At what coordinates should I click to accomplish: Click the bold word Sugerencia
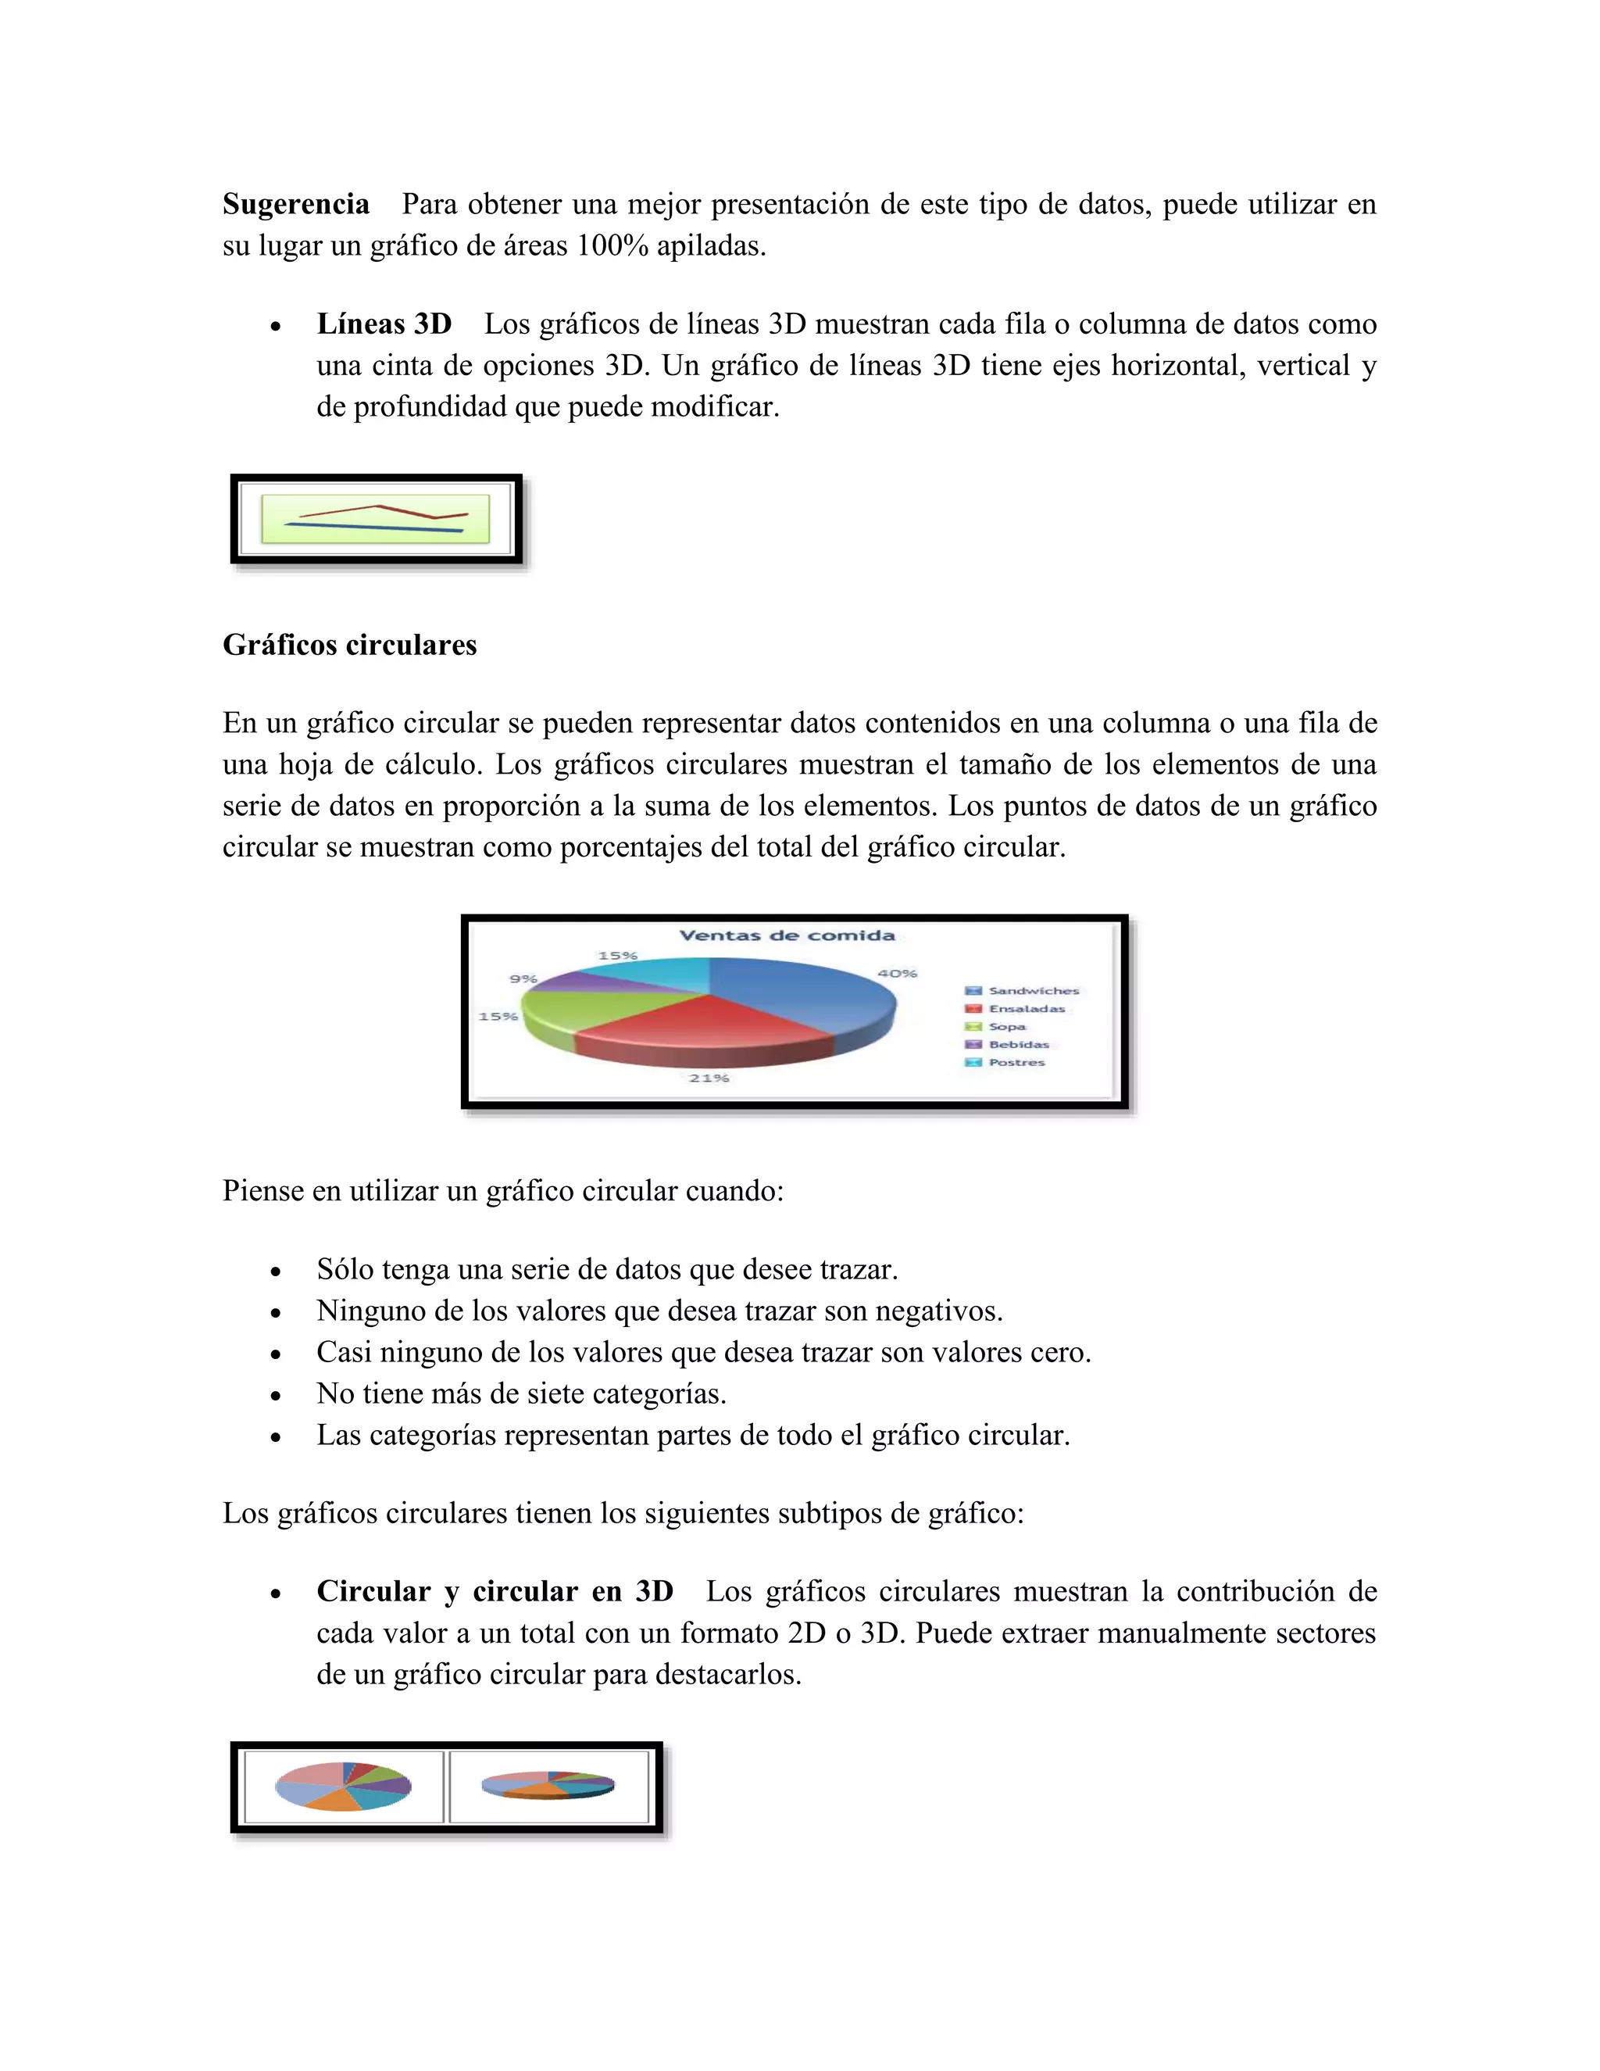tap(296, 205)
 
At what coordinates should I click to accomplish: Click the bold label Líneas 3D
tap(384, 324)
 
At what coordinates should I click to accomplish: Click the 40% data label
tap(897, 974)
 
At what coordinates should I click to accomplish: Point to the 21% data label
tap(709, 1078)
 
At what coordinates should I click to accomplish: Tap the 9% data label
tap(523, 978)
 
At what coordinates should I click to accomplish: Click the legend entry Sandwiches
tap(1033, 991)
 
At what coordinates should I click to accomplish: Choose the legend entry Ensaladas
tap(1027, 1009)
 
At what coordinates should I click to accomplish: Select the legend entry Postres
tap(1016, 1063)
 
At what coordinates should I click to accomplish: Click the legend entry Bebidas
tap(1019, 1045)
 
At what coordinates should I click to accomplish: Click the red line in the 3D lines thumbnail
tap(379, 507)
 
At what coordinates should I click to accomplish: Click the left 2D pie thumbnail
tap(343, 1787)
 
